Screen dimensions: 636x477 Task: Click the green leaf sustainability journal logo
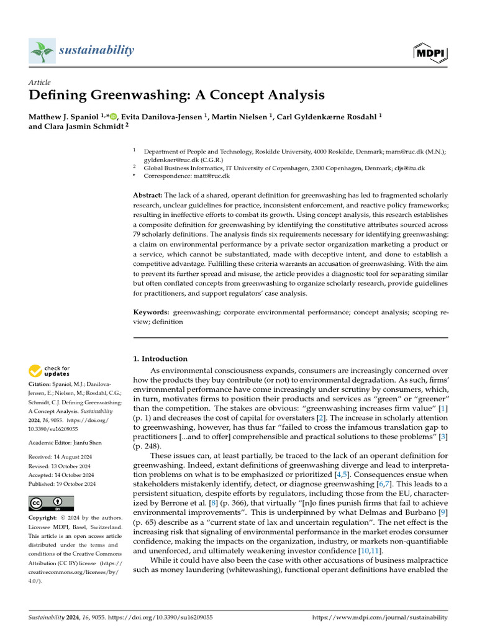point(42,50)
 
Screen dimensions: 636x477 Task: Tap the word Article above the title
point(40,83)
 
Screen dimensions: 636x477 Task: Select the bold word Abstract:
point(148,195)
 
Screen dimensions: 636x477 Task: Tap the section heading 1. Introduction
point(161,358)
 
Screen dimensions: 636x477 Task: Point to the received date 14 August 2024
point(72,458)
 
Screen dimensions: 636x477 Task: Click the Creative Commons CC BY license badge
point(51,503)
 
